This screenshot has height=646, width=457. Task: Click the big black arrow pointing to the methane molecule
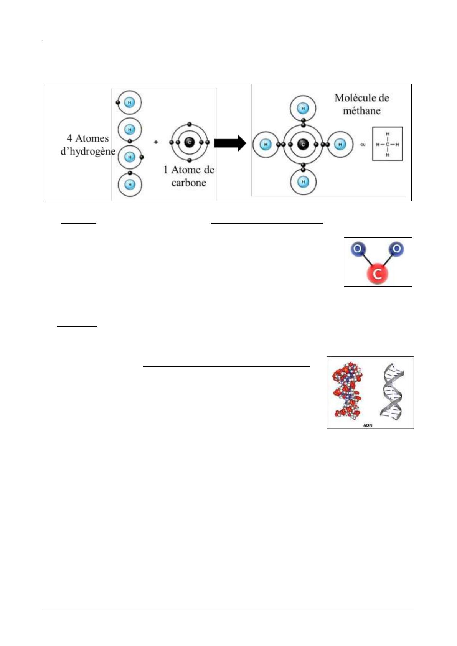(x=229, y=143)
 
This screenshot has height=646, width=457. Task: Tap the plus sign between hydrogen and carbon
(x=156, y=142)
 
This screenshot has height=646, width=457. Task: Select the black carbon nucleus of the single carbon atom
(x=189, y=142)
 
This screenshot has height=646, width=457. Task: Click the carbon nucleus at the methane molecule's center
(x=303, y=144)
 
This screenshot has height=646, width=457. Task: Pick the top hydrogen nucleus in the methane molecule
(x=303, y=108)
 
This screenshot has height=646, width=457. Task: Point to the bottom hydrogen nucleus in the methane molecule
(x=303, y=181)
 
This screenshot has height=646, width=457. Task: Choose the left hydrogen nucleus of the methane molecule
(x=266, y=145)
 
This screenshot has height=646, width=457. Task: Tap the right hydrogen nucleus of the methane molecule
(x=340, y=145)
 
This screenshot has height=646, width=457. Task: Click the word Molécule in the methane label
(x=351, y=98)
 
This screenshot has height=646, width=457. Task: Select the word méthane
(x=361, y=111)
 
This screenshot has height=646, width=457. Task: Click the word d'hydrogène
(x=88, y=151)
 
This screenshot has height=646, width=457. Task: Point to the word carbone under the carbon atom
(x=188, y=183)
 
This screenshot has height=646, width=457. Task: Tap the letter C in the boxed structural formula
(x=388, y=145)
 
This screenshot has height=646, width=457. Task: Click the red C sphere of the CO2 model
(x=377, y=274)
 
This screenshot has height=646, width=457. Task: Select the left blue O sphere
(x=357, y=249)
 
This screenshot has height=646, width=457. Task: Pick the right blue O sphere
(x=396, y=249)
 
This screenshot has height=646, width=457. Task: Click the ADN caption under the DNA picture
(x=368, y=425)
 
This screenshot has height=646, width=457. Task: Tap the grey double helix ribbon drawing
(x=392, y=391)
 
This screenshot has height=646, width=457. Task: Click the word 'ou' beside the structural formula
(x=363, y=145)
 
